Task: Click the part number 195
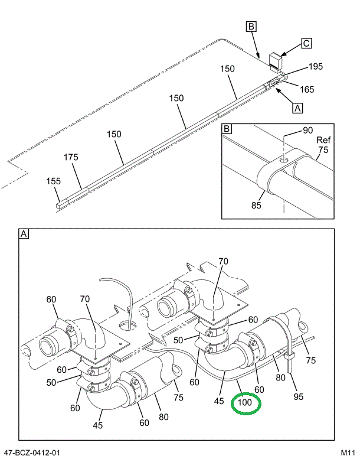point(315,67)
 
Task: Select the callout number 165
point(306,90)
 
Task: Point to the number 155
point(54,181)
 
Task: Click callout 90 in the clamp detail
point(307,130)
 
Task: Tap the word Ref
point(323,140)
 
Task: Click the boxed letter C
point(306,43)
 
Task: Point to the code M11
point(345,453)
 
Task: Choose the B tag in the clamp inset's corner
point(227,128)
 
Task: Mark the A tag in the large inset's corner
point(24,235)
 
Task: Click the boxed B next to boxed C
point(251,26)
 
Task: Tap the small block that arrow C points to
point(276,60)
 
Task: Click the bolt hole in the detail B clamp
point(284,159)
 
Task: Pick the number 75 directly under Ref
point(322,150)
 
